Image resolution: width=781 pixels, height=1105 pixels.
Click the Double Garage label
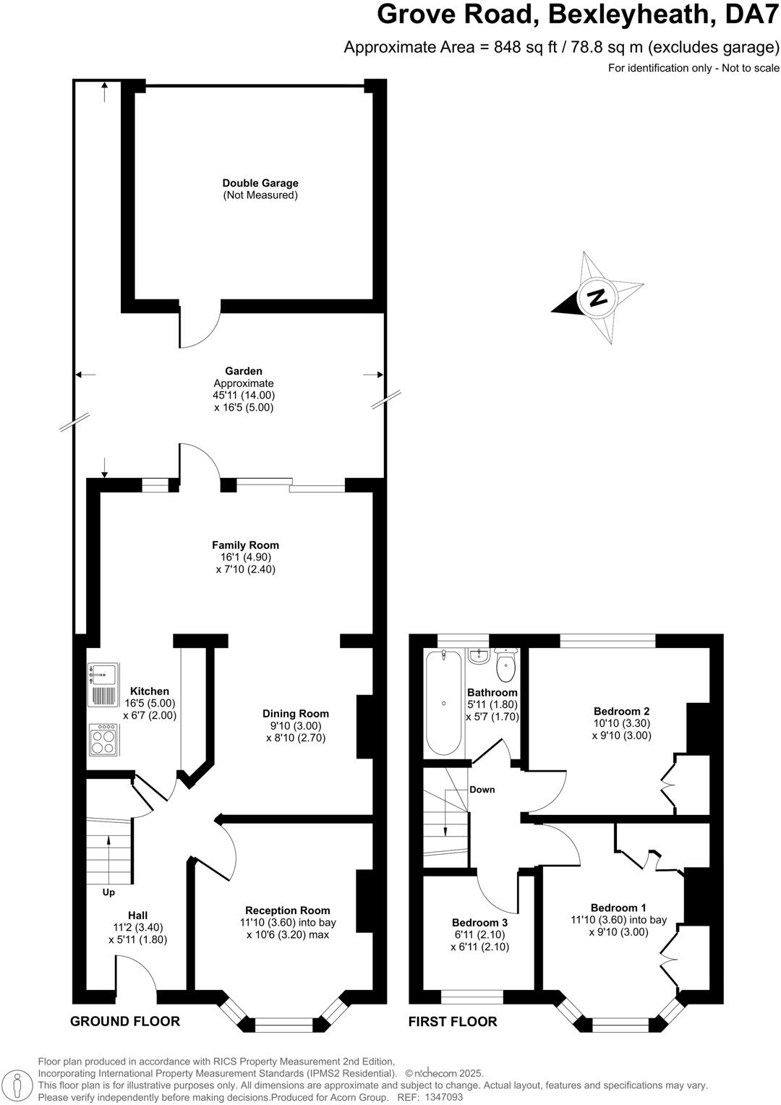pos(260,184)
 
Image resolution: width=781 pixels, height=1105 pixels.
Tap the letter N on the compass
pos(597,296)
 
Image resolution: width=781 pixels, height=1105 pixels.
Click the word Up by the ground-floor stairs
pos(108,892)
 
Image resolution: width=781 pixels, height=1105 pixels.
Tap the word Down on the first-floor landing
pos(482,789)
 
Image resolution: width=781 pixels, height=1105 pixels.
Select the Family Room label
pos(245,545)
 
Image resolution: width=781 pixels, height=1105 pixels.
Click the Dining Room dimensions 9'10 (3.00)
pos(295,726)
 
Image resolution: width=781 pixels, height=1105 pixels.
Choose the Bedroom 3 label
pos(479,923)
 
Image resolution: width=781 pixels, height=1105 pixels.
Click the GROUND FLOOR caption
pos(124,1021)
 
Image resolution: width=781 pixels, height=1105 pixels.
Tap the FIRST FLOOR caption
pos(453,1021)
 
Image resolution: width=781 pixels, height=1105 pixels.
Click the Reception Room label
pos(287,910)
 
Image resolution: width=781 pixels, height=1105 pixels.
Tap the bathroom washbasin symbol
pos(479,656)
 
